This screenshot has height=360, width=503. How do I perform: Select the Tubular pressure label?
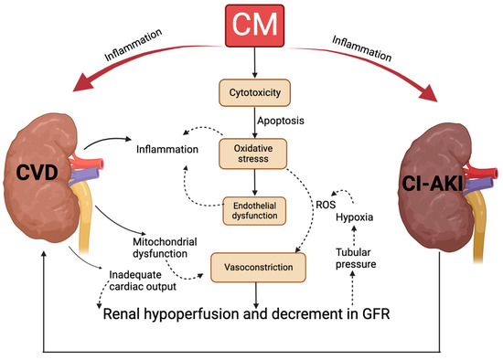[x=367, y=260]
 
